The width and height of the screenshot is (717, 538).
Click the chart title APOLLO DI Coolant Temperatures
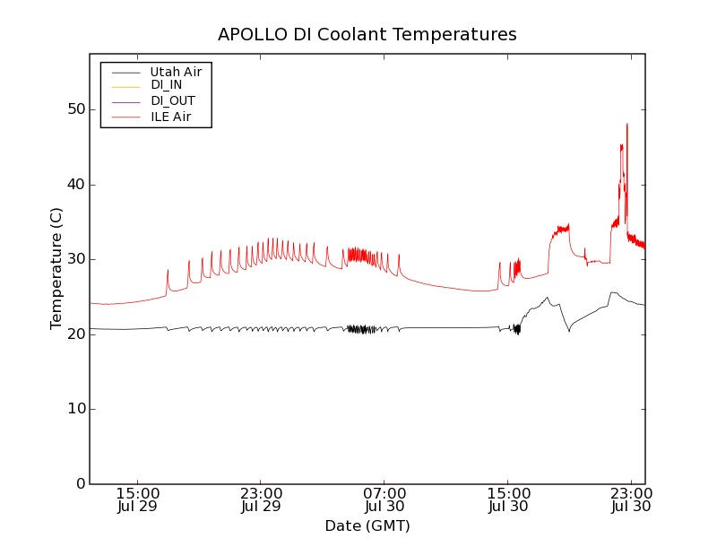click(367, 35)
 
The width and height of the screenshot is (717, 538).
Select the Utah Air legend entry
click(176, 72)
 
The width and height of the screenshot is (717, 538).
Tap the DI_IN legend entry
click(167, 86)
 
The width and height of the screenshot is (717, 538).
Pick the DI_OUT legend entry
click(173, 101)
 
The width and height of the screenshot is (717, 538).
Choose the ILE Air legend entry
click(170, 117)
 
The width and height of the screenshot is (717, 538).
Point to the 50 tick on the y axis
click(74, 109)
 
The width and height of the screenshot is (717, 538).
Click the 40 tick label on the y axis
click(74, 185)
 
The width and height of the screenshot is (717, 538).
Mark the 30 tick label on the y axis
click(74, 259)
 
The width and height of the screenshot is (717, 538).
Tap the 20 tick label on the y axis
click(74, 334)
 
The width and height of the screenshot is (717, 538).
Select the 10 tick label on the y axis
click(74, 409)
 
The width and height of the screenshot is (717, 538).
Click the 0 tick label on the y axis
click(79, 484)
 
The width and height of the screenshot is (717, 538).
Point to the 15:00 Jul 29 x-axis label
click(138, 500)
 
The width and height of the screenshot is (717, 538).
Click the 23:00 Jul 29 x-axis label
click(262, 500)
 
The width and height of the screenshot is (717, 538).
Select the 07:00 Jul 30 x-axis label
click(384, 500)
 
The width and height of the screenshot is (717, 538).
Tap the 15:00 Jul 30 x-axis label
click(508, 500)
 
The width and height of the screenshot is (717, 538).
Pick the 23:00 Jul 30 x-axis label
click(631, 500)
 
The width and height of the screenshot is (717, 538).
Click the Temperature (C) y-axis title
click(56, 268)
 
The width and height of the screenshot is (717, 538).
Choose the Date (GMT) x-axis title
click(367, 526)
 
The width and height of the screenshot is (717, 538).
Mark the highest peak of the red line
click(627, 124)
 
